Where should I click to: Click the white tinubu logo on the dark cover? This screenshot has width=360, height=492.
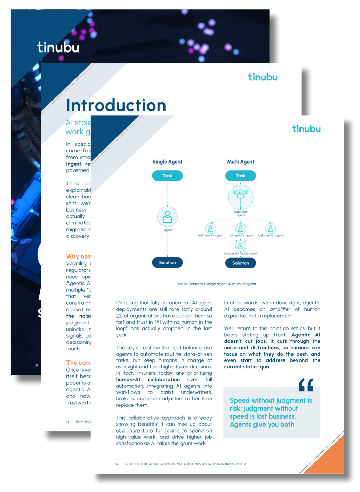[x=58, y=47]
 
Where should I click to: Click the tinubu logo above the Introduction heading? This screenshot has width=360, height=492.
[x=263, y=77]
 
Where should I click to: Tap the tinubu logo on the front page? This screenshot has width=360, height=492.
[x=306, y=129]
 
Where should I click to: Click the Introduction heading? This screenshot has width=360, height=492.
[x=116, y=105]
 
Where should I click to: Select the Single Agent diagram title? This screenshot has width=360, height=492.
[x=167, y=161]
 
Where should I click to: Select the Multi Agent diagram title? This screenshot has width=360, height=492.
[x=241, y=161]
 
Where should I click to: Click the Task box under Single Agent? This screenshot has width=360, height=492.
[x=167, y=176]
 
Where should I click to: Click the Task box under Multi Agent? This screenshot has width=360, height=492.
[x=241, y=176]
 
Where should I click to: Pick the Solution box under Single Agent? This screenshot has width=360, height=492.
[x=167, y=263]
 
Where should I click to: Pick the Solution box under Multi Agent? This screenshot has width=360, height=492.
[x=241, y=263]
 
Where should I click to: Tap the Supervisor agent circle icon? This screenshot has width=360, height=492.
[x=241, y=197]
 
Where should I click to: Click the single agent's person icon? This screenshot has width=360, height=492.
[x=167, y=216]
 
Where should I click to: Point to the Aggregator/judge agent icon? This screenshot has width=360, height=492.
[x=241, y=246]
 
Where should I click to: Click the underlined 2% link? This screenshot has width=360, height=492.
[x=119, y=316]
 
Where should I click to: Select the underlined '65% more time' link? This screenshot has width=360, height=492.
[x=135, y=430]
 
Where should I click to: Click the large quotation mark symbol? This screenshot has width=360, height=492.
[x=306, y=385]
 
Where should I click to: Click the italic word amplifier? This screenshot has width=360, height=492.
[x=280, y=309]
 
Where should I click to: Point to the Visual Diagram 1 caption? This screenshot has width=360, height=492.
[x=217, y=284]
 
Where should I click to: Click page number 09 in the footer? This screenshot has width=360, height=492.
[x=116, y=464]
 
